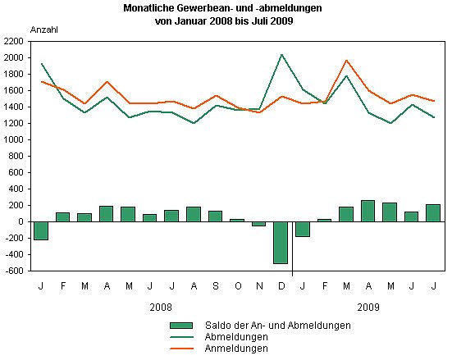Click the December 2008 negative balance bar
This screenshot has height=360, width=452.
tap(281, 242)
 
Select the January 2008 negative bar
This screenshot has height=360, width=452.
tap(41, 230)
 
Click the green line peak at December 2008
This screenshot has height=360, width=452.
tap(281, 55)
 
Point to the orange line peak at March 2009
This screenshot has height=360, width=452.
tap(346, 60)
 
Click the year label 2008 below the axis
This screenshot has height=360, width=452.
tap(161, 307)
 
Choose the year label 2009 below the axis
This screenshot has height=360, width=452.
tap(368, 307)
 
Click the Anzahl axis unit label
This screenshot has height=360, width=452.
tap(44, 29)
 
